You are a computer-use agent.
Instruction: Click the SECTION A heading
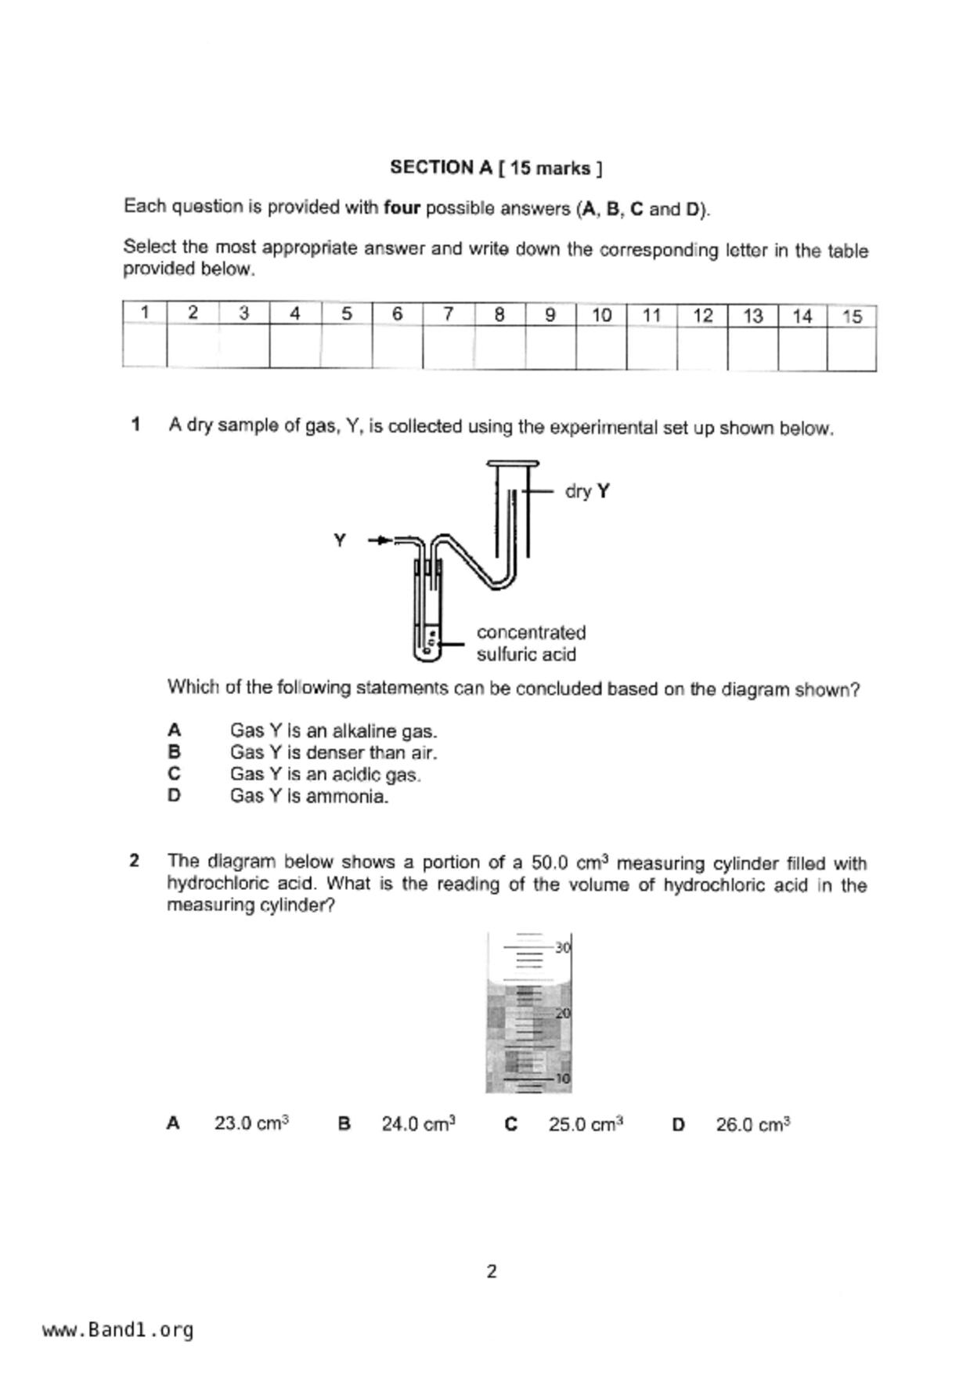(x=496, y=168)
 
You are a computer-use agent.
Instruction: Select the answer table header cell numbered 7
(x=449, y=314)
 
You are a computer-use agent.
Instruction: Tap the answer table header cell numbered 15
(x=852, y=316)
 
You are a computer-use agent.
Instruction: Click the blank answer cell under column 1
(x=145, y=345)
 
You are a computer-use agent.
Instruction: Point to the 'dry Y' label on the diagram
(x=587, y=491)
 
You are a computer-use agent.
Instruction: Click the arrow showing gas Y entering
(x=380, y=540)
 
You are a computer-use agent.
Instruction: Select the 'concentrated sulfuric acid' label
(x=531, y=643)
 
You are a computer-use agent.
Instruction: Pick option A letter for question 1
(x=174, y=730)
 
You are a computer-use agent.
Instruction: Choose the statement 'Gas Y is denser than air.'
(x=334, y=753)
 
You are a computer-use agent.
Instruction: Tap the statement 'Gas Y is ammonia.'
(x=309, y=797)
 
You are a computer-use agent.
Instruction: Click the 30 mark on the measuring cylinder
(x=563, y=948)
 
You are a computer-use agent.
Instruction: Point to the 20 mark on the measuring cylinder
(x=563, y=1014)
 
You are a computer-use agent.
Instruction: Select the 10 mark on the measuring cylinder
(x=563, y=1079)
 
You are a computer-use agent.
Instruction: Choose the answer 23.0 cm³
(x=251, y=1123)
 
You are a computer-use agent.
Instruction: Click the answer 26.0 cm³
(x=752, y=1125)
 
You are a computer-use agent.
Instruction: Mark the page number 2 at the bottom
(x=492, y=1271)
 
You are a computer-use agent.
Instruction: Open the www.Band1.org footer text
(x=117, y=1329)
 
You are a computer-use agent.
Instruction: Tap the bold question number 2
(x=135, y=861)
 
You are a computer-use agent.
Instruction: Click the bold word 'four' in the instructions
(x=402, y=208)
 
